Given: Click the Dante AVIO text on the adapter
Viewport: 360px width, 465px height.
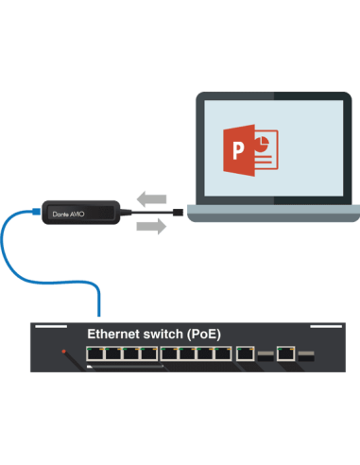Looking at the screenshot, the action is pos(68,215).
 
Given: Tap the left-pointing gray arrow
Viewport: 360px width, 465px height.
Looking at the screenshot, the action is pos(151,198).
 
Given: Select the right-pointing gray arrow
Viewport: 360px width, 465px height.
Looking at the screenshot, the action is pos(151,226).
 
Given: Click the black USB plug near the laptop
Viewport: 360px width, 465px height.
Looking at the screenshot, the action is pos(179,212).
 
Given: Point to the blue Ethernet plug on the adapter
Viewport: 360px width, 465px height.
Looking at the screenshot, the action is pos(37,212).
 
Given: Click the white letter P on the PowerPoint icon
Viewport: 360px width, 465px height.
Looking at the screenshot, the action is pos(238,150).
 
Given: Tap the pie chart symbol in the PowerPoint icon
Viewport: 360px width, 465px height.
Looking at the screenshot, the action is pos(262,145).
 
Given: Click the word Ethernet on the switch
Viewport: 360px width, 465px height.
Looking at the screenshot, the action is pos(113,334).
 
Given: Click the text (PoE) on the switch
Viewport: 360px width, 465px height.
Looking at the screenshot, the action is pos(204,335).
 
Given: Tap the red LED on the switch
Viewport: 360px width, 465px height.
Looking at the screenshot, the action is pos(63,352).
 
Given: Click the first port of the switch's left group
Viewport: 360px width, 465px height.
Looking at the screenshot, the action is pos(95,353).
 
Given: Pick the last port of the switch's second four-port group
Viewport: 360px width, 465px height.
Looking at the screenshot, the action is pos(223,353).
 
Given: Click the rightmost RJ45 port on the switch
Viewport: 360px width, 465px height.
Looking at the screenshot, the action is pos(286,353).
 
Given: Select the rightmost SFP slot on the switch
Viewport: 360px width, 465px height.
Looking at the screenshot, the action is pos(306,356).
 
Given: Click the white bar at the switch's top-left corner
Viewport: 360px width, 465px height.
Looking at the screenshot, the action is pos(51,326).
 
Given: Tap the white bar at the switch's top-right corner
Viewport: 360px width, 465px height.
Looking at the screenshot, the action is pos(326,326).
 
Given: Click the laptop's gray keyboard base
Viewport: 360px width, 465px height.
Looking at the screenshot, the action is pos(274,213).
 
